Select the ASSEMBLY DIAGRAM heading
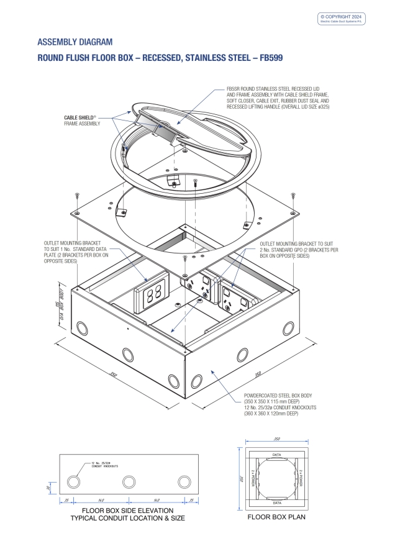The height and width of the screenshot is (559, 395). pos(75,42)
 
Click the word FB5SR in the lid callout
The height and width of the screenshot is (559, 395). pos(234,89)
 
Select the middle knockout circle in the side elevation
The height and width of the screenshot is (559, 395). pos(129,483)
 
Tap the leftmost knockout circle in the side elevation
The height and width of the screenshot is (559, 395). pos(74,483)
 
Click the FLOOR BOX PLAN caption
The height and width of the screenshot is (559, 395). pos(276,517)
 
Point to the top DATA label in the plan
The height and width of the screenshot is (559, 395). pos(276,455)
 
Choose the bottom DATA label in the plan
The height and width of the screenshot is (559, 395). pos(276,502)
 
